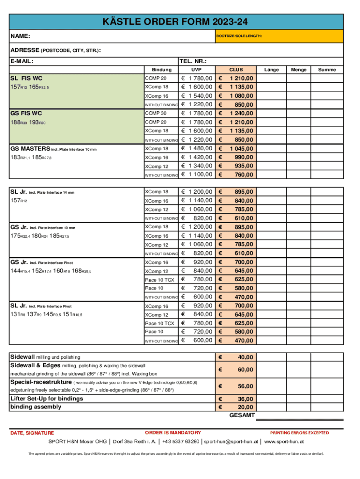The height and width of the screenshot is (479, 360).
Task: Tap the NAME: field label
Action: pos(20,36)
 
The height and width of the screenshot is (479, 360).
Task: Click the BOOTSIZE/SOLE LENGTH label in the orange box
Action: pos(238,36)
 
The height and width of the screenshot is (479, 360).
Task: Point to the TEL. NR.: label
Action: pos(193,61)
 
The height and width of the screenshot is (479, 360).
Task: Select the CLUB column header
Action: pos(236,70)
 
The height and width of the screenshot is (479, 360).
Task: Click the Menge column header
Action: pos(299,70)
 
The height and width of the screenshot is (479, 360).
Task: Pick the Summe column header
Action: pos(327,70)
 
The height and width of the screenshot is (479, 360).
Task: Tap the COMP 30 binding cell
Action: pos(156,113)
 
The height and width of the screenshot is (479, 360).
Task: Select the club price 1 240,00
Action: pos(242,114)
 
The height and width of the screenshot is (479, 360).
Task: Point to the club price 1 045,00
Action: pos(242,149)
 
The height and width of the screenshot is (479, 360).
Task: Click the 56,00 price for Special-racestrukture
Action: pos(245,386)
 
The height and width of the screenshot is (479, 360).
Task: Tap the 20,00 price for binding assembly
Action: pos(245,407)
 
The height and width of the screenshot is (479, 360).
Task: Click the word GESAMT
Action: pos(242,415)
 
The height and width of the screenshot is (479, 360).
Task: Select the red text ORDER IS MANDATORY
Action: pos(173,433)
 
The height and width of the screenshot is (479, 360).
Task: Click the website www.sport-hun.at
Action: pos(284,441)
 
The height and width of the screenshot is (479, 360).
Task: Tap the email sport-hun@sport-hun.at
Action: pos(230,441)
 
